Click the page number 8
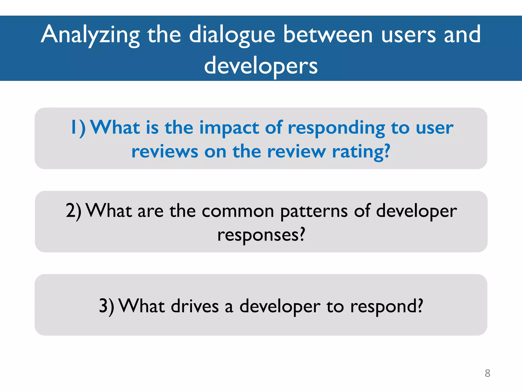(487, 373)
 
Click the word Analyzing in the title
(90, 35)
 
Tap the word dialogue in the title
(232, 35)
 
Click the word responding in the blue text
(336, 128)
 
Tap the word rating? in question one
(361, 152)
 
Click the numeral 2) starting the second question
(74, 211)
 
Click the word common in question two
(238, 211)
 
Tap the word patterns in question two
(314, 211)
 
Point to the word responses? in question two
(261, 235)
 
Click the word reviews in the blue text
(165, 152)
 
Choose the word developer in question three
(280, 306)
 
